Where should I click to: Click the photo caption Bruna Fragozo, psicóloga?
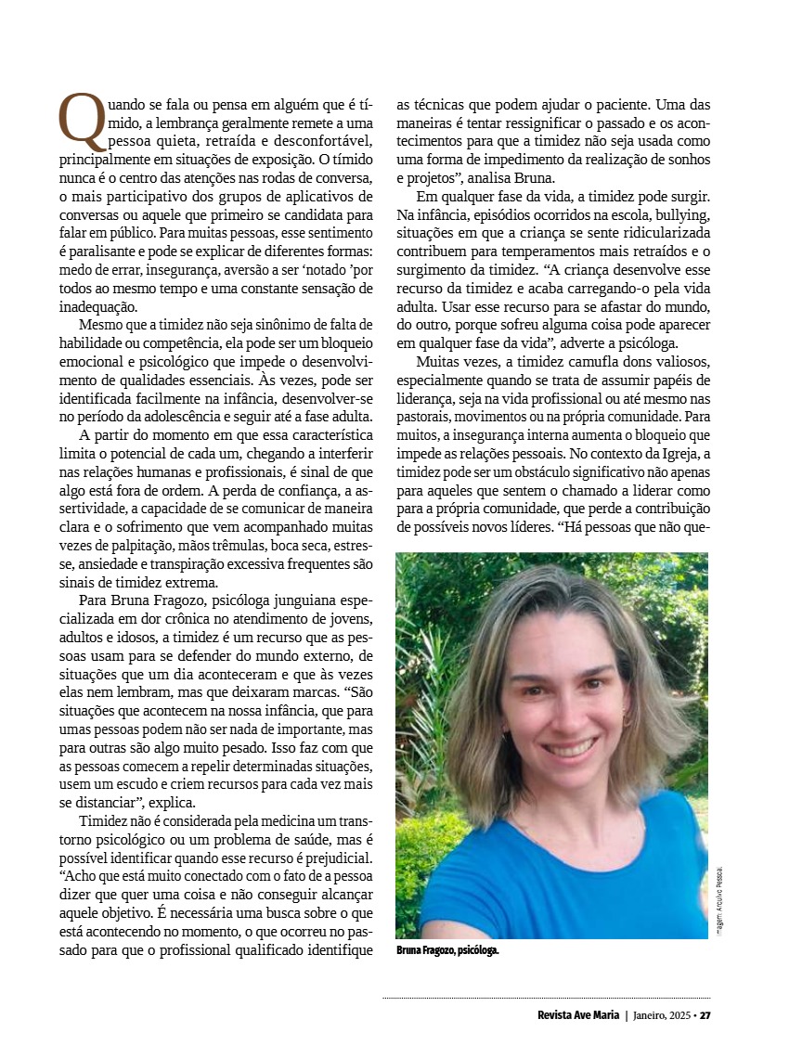[x=447, y=951]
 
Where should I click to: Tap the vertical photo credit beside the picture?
[x=718, y=900]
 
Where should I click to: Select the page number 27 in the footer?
[x=705, y=1014]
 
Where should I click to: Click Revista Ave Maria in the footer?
[x=578, y=1014]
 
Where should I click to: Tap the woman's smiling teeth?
[x=568, y=747]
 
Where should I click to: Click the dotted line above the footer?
[x=546, y=999]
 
